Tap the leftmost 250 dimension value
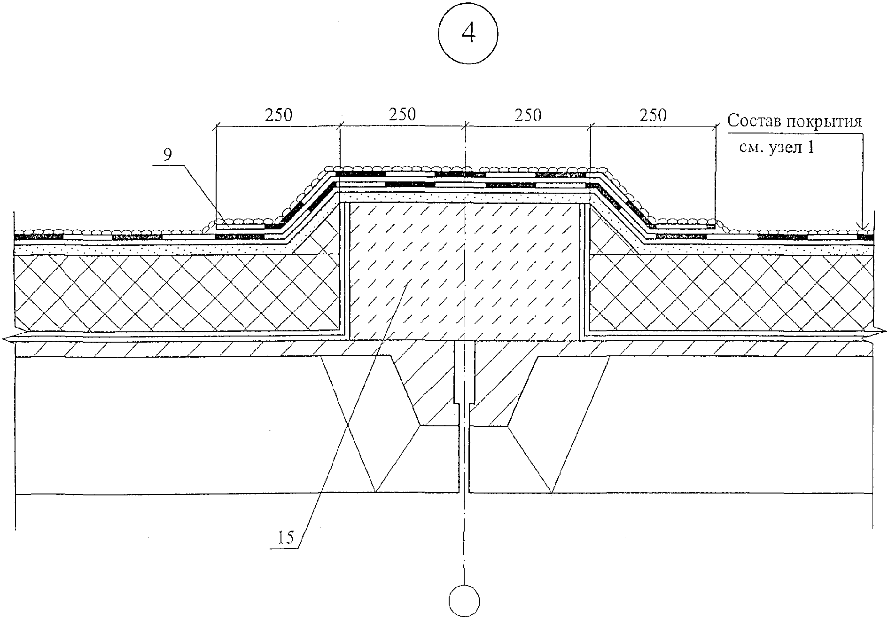click(x=278, y=116)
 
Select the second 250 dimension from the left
click(x=402, y=115)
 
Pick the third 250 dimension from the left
click(x=528, y=115)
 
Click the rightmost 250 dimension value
click(x=653, y=115)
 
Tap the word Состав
click(x=754, y=121)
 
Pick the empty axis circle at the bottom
click(x=464, y=601)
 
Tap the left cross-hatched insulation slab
click(x=177, y=292)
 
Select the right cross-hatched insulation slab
click(x=731, y=292)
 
